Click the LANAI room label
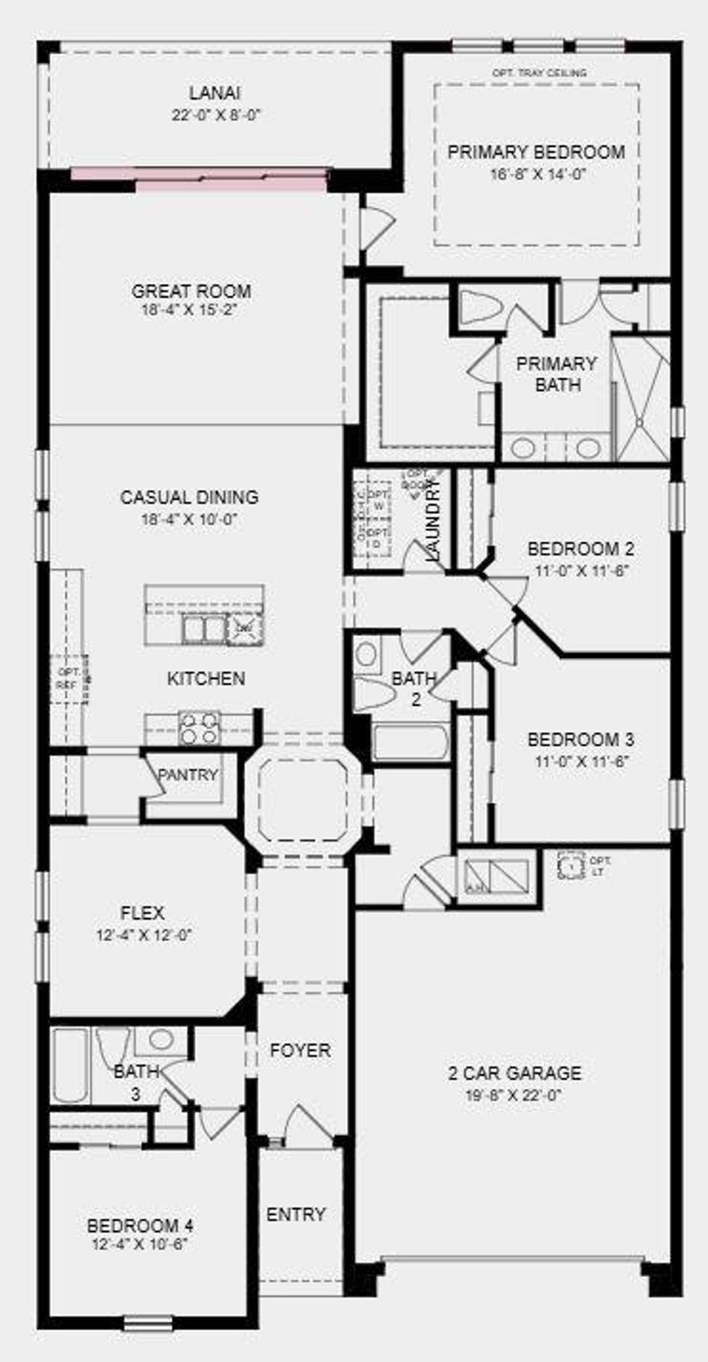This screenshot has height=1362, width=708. coord(215,93)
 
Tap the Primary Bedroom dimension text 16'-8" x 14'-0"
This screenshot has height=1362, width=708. coord(538,175)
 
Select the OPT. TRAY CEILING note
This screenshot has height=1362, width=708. coord(539,73)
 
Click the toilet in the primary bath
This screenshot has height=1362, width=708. coord(480,306)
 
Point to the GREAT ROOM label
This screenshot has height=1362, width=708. coord(192,291)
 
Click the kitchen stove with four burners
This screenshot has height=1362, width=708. coord(199,728)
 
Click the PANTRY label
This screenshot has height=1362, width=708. coord(187,775)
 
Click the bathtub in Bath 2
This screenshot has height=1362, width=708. coord(411,742)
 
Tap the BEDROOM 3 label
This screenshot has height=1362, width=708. coord(580,739)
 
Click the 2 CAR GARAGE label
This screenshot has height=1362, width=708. coord(514,1073)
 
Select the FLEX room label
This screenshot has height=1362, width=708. coord(142,913)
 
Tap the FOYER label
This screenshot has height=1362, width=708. coord(300,1050)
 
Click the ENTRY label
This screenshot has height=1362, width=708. coord(296,1214)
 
